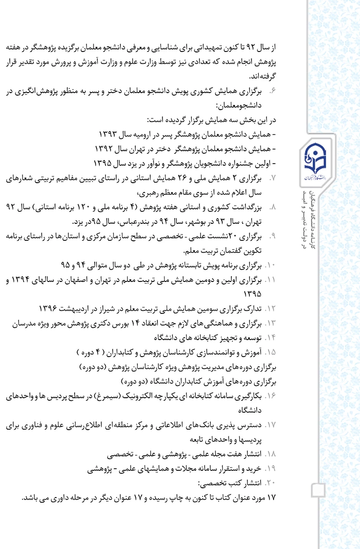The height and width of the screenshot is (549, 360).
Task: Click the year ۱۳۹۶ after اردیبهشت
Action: [51, 308]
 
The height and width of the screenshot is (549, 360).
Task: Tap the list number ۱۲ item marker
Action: [271, 309]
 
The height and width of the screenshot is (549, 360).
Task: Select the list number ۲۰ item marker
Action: [271, 484]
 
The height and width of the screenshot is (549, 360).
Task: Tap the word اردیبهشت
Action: [77, 308]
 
